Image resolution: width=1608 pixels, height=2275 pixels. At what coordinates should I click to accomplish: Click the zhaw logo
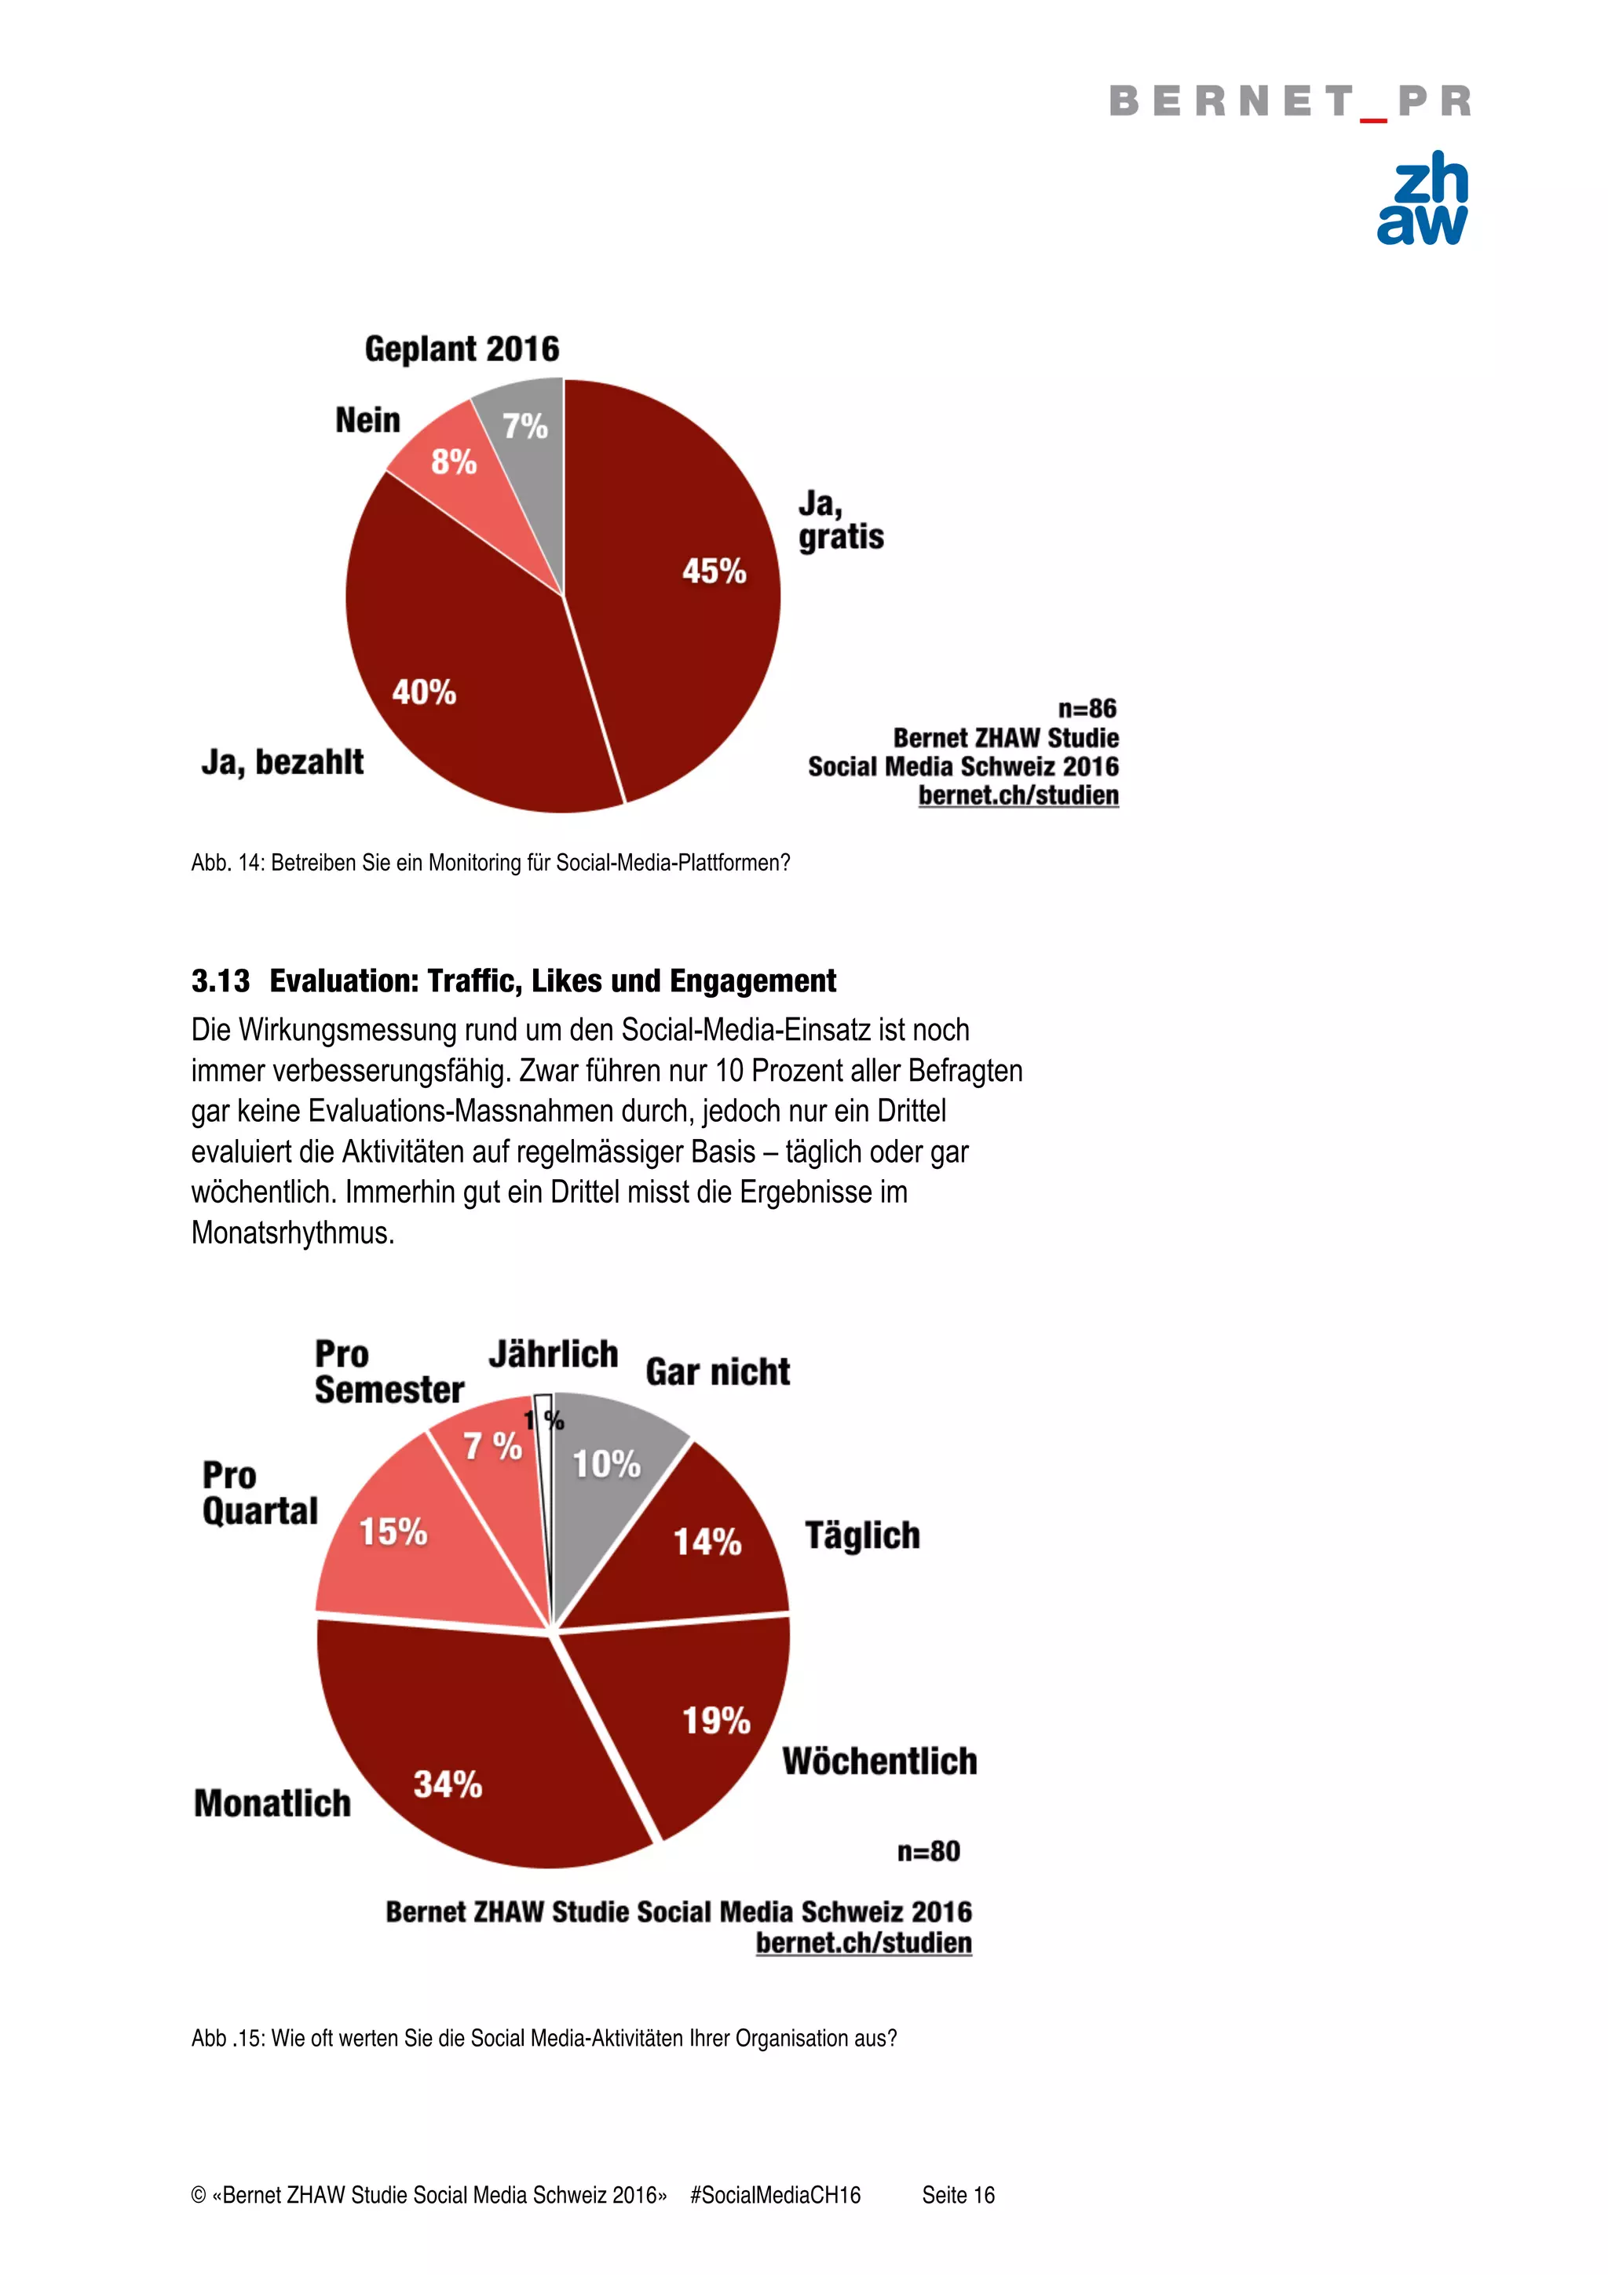[x=1422, y=199]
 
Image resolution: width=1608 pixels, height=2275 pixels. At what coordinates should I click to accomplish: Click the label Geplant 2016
[x=462, y=349]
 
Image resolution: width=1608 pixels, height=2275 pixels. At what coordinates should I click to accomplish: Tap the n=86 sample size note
[x=1087, y=708]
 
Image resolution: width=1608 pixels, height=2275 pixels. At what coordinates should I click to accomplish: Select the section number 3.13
[x=220, y=981]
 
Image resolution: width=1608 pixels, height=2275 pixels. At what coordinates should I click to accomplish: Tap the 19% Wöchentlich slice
[x=693, y=1714]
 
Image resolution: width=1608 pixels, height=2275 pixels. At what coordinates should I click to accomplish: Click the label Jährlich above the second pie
[x=553, y=1353]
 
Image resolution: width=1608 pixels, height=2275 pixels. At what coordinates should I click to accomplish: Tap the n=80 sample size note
[x=928, y=1850]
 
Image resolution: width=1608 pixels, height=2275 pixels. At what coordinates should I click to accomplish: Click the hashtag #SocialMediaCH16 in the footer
[x=775, y=2195]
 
